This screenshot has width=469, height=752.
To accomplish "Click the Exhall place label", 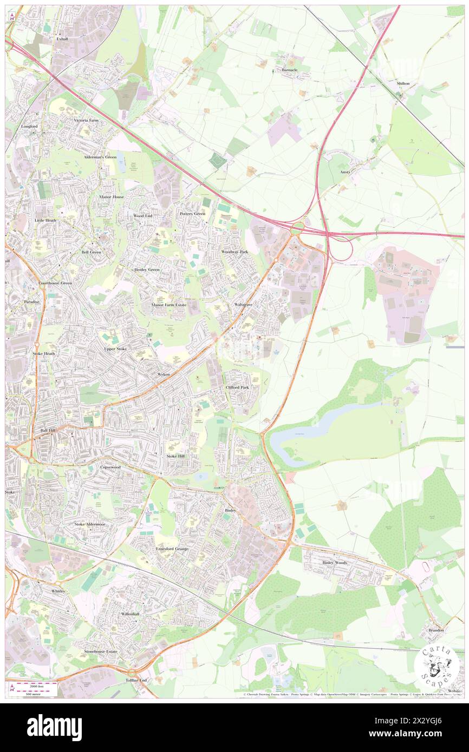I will click(x=62, y=39).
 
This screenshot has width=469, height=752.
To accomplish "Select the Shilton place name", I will click(x=402, y=84).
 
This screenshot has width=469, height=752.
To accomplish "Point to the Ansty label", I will click(x=345, y=171).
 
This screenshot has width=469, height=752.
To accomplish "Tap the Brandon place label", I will click(x=436, y=630).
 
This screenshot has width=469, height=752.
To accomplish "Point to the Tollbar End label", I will click(x=136, y=680).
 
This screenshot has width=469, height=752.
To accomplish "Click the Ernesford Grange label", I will click(x=173, y=549).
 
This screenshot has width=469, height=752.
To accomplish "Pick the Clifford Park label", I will click(x=237, y=387).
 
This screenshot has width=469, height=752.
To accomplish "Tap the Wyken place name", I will click(x=164, y=374).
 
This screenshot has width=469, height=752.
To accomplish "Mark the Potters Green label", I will click(x=192, y=214).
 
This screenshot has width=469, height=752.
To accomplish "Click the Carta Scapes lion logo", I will click(x=437, y=666).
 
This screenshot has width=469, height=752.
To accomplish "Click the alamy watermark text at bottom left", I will click(x=54, y=728).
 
